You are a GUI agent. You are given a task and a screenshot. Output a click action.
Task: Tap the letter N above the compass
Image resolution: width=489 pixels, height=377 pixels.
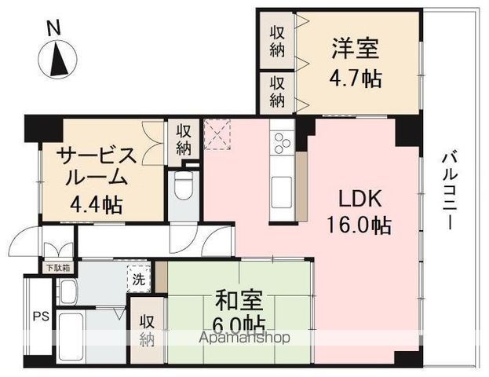coord(53,30)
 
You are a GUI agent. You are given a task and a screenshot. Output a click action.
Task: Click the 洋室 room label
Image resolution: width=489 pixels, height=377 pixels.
coord(356,49)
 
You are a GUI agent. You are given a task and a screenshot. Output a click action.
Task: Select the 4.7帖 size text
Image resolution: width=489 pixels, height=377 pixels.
coord(356,79)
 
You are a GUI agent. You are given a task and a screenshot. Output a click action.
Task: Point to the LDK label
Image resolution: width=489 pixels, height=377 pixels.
coord(360,199)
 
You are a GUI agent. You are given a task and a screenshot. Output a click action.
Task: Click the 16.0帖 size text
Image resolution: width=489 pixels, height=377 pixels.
coord(359,225)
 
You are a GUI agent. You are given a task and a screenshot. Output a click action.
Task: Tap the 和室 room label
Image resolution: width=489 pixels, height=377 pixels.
coord(239,300)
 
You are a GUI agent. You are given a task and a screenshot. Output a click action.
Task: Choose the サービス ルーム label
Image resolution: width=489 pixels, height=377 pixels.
coord(97,167)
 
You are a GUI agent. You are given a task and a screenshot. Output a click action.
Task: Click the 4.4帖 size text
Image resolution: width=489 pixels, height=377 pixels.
coord(96,205)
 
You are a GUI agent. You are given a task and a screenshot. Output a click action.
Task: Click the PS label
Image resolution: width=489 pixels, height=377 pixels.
coord(42,317)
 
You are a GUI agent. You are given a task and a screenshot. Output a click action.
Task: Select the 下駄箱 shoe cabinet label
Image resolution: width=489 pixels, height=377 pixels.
coord(58,268)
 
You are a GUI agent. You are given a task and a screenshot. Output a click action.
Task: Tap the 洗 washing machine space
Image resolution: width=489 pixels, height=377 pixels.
coord(139,279)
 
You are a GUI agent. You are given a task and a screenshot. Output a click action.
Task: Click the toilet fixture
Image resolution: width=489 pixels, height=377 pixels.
coord(184,186)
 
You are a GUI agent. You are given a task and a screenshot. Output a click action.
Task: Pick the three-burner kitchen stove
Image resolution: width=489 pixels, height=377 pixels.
coord(283,142)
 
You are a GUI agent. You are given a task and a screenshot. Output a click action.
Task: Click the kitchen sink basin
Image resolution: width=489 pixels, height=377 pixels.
coord(283,192)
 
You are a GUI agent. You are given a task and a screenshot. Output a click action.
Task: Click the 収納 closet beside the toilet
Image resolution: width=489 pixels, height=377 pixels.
coord(184,141)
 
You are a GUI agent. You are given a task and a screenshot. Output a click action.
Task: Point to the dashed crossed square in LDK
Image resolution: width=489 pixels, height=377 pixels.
coord(217,134)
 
